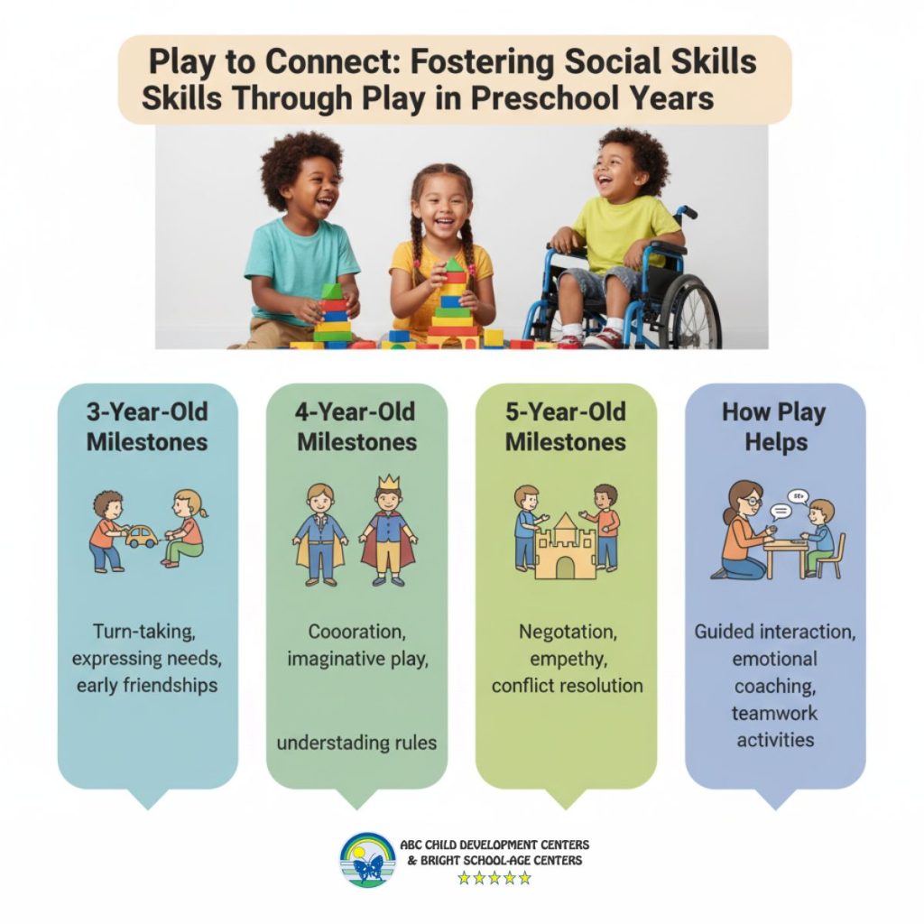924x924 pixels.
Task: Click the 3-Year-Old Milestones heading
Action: tap(147, 427)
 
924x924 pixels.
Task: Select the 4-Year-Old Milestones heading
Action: tap(356, 427)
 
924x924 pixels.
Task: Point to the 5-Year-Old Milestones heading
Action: tap(566, 427)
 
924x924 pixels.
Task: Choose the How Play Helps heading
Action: tap(775, 427)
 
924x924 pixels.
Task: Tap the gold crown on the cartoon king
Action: tap(388, 482)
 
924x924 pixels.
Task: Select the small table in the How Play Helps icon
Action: tap(786, 551)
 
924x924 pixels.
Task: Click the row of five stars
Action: tap(494, 878)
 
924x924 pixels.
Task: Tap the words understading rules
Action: tap(356, 743)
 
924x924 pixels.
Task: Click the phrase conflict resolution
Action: tap(567, 686)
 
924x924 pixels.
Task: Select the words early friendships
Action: tap(147, 686)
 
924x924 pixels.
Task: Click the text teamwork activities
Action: tap(775, 726)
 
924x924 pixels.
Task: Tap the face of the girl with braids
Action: tap(441, 208)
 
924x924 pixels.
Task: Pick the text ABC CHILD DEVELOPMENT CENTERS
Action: tap(494, 845)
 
